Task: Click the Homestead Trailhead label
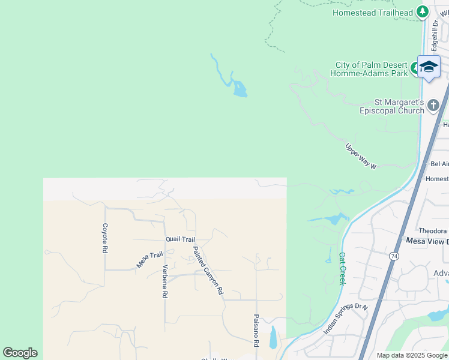372,13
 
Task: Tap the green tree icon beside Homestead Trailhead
423,11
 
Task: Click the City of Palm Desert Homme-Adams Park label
369,69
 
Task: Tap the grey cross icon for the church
434,106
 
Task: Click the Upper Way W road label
361,156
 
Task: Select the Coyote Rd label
105,238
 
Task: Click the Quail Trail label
181,239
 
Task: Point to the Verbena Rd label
164,281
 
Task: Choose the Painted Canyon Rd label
208,270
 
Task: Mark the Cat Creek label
342,268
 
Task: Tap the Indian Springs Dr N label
345,319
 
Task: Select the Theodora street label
432,230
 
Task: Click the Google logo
20,353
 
